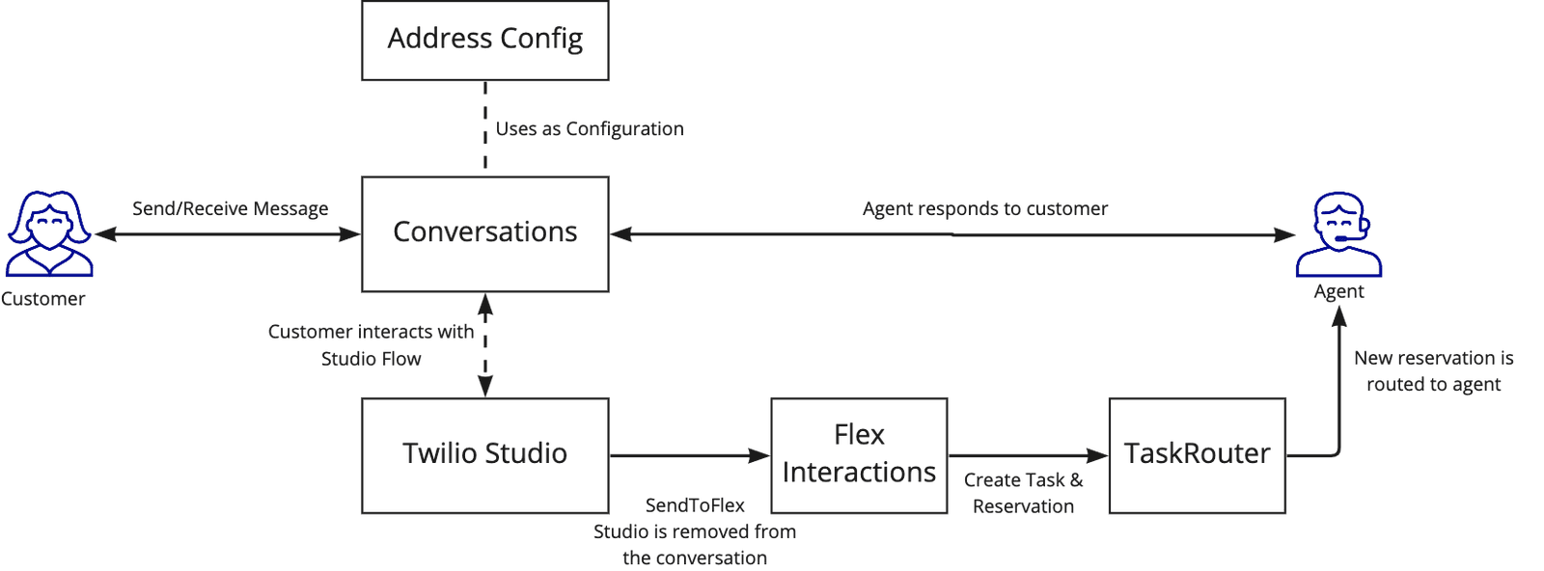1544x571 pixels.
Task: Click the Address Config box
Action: (484, 41)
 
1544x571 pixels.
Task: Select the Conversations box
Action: (484, 233)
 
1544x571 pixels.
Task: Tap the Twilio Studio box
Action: (484, 454)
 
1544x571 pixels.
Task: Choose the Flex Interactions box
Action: (858, 454)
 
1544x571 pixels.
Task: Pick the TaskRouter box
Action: (1197, 454)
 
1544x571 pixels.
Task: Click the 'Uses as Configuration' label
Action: (589, 128)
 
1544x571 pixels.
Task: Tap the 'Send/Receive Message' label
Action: (230, 208)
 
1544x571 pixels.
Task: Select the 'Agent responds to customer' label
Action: (984, 208)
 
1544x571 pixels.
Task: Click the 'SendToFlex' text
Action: (695, 505)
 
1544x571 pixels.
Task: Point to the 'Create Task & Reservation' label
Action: (1023, 493)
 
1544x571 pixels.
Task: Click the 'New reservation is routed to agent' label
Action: (1433, 371)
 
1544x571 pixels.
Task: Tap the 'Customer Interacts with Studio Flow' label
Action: (372, 345)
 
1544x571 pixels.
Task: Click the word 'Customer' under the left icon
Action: (42, 299)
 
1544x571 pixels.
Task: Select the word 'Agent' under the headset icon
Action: (1338, 291)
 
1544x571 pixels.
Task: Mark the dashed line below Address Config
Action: (485, 125)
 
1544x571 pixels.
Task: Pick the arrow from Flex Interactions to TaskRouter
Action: (1028, 454)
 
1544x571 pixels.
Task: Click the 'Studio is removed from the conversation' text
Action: (695, 545)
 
